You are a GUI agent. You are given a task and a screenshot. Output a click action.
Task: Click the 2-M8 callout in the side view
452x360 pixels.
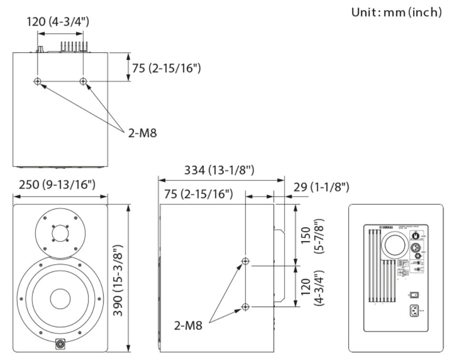tap(187, 326)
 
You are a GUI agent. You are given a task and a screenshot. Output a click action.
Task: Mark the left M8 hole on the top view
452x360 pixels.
tap(38, 81)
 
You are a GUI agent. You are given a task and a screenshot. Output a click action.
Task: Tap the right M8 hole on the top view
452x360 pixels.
tap(84, 81)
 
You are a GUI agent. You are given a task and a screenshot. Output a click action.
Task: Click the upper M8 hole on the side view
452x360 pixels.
tap(246, 261)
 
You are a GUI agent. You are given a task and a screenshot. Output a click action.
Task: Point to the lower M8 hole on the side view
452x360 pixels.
tap(246, 307)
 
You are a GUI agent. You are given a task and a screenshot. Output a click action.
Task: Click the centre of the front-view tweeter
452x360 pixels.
tap(60, 233)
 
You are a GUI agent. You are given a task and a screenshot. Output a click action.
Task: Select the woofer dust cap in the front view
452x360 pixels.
tap(60, 298)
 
